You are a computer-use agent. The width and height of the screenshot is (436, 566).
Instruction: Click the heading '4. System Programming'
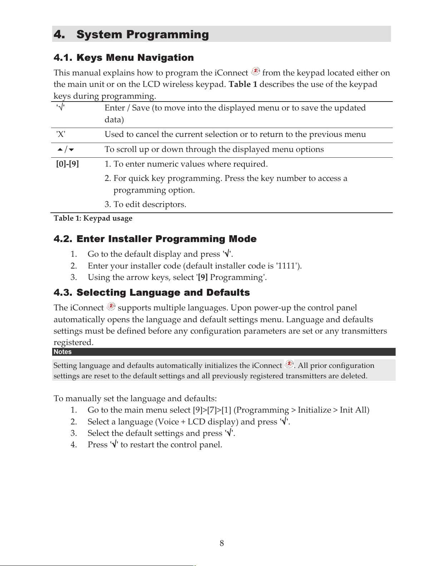[x=131, y=34]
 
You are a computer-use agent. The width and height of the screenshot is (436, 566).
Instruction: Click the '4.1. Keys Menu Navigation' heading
[x=124, y=58]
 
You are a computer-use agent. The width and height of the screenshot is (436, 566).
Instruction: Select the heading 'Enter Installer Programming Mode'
[x=167, y=239]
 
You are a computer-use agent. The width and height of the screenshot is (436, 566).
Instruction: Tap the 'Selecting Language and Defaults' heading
[x=163, y=292]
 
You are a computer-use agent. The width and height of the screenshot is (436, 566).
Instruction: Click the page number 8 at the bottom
[x=222, y=543]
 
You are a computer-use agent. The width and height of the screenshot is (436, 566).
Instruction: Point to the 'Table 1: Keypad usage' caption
[x=93, y=218]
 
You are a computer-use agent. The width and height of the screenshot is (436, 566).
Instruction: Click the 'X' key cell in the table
[x=61, y=134]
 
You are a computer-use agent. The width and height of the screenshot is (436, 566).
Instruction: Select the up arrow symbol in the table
[x=60, y=149]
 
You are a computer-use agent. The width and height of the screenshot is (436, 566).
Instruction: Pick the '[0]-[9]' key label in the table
[x=68, y=164]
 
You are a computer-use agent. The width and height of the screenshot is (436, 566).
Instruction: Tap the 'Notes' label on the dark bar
[x=63, y=352]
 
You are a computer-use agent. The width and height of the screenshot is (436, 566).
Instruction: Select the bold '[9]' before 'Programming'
[x=203, y=277]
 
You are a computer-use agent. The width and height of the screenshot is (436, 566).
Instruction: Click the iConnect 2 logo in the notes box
[x=289, y=364]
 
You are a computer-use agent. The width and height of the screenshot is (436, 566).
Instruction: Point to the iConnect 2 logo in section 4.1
[x=256, y=72]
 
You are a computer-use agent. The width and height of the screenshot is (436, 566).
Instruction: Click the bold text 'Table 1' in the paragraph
[x=243, y=84]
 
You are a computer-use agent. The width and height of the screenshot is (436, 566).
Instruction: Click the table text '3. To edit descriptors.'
[x=145, y=205]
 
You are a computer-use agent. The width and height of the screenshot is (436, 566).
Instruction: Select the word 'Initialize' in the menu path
[x=314, y=410]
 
